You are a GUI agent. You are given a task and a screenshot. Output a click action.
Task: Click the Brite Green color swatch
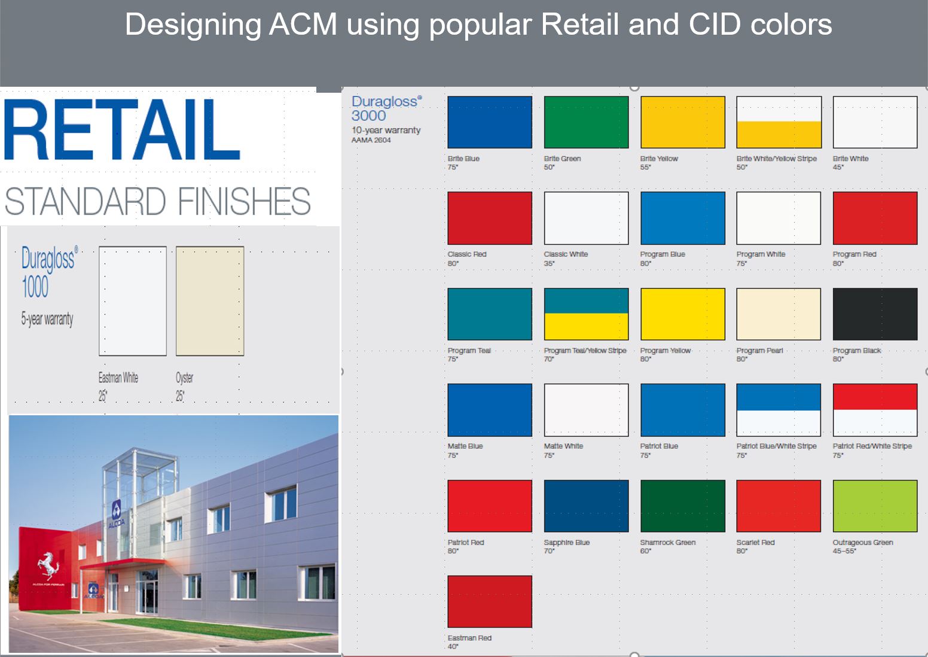pos(586,122)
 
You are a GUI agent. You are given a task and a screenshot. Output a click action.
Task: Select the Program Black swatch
pos(875,314)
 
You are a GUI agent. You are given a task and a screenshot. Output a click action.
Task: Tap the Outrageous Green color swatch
pos(875,506)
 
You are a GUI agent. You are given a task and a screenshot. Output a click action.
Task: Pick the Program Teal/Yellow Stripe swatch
pos(586,314)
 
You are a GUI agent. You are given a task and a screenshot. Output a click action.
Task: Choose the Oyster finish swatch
pos(210,302)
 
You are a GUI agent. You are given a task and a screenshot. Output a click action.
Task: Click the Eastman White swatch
pos(133,302)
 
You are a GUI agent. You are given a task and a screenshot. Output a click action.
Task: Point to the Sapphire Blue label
pos(567,542)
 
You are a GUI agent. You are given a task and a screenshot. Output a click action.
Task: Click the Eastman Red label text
pos(469,638)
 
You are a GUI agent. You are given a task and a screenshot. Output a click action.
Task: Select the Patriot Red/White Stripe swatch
pos(875,410)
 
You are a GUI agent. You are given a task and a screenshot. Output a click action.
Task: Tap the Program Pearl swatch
pos(779,314)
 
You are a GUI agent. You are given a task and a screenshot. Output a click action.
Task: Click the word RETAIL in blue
pos(122,129)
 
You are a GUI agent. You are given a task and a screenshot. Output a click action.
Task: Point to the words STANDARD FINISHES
pos(157,202)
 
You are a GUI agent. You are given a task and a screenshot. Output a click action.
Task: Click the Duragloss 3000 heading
pos(386,108)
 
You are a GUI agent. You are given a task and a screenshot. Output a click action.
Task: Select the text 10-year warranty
pos(386,130)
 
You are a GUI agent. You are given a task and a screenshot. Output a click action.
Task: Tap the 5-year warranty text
pos(47,319)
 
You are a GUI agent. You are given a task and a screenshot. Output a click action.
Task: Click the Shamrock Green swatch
pos(683,506)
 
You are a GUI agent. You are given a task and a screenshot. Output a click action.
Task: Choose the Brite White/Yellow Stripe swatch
pos(779,122)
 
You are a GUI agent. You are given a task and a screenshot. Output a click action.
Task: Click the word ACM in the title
pos(303,25)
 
